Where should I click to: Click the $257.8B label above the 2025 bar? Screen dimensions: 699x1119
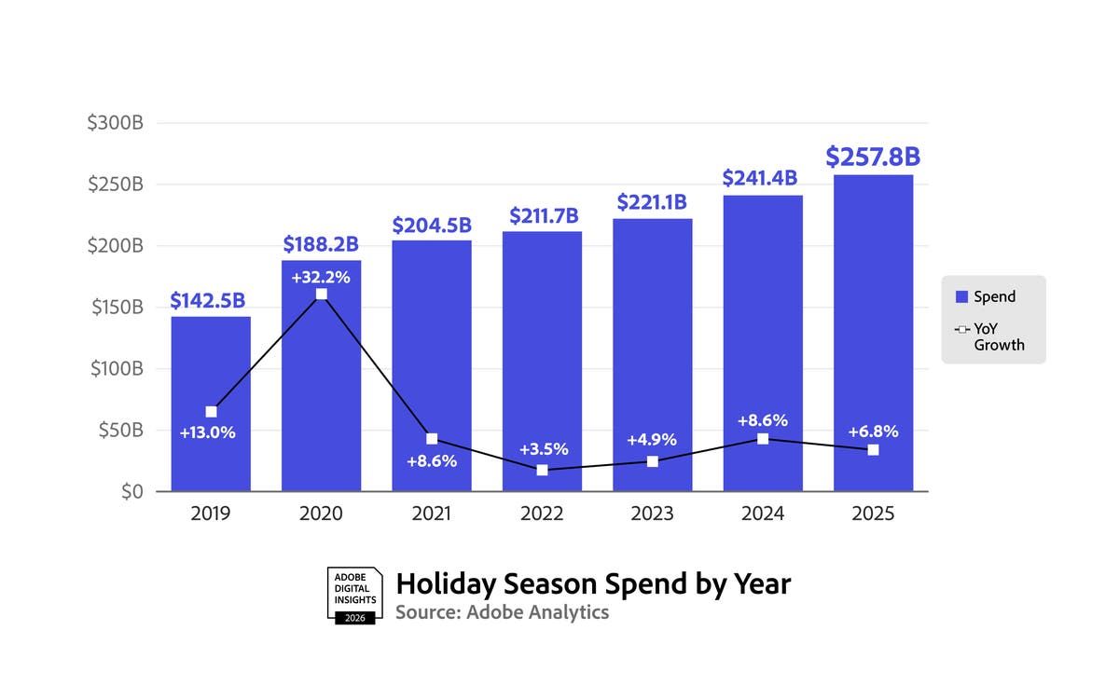tap(873, 157)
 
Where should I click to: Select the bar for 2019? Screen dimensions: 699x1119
tap(211, 373)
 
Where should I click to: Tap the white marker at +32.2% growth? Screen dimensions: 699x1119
tap(322, 295)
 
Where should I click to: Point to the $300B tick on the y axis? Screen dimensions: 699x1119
tap(117, 123)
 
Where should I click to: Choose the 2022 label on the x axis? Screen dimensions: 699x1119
tap(542, 514)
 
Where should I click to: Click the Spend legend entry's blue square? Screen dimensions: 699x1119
tap(961, 297)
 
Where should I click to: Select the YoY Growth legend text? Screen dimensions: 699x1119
tap(999, 336)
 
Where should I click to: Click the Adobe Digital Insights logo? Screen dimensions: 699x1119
tap(355, 595)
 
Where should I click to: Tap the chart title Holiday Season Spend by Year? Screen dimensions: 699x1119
tap(593, 583)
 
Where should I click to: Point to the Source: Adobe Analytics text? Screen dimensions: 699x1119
tap(502, 612)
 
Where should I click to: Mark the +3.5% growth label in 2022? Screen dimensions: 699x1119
tap(543, 449)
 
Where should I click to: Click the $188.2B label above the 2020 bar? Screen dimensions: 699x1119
tap(321, 244)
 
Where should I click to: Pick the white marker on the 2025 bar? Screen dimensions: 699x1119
tap(873, 450)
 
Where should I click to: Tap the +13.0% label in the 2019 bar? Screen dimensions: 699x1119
tap(208, 432)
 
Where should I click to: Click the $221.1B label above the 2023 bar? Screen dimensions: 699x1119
tap(652, 202)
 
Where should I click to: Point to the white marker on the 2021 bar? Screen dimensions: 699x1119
tap(432, 439)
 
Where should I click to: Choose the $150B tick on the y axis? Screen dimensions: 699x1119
tap(117, 308)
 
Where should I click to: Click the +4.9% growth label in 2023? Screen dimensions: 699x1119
tap(652, 440)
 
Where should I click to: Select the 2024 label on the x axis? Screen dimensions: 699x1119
tap(763, 514)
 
